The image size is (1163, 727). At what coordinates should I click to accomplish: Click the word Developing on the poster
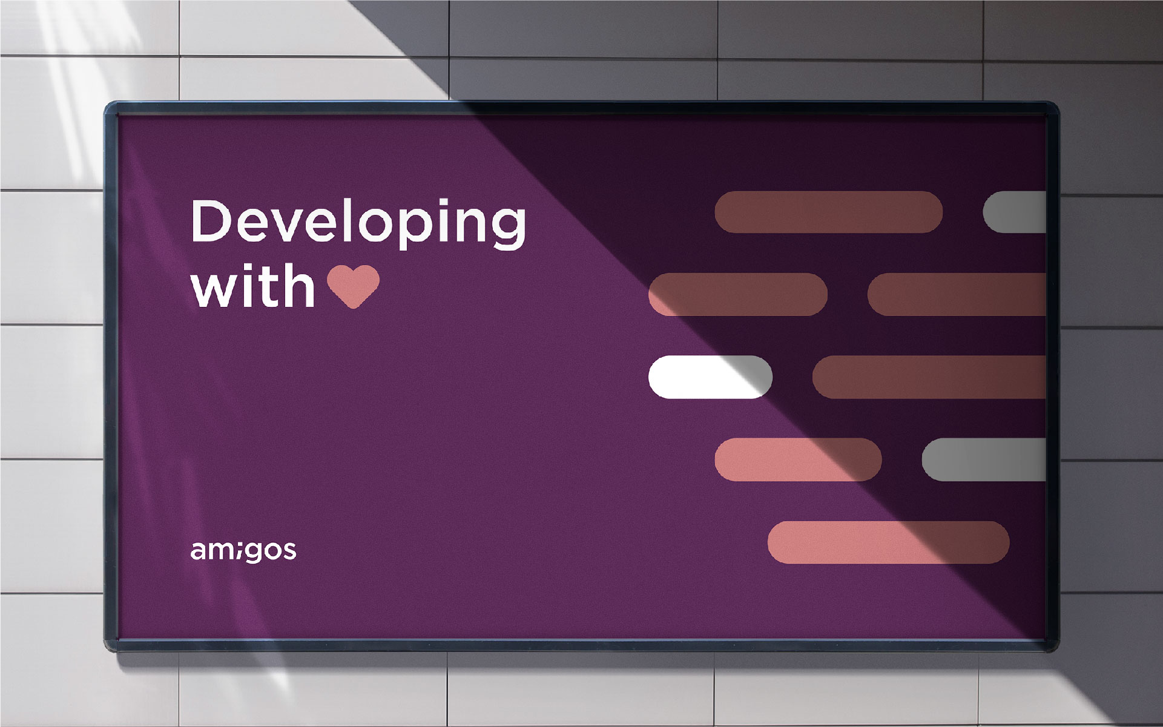coord(358,223)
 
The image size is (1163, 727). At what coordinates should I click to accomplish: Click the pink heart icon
coord(354,286)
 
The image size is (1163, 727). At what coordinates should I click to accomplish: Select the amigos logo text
coord(243,551)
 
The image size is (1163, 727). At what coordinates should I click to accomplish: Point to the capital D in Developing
coord(213,221)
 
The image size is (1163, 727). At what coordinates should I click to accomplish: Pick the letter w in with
coord(214,290)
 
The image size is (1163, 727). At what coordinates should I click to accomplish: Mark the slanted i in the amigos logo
coord(238,551)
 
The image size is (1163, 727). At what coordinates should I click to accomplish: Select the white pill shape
coord(710,377)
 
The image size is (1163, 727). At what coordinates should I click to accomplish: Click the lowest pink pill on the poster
coord(888,542)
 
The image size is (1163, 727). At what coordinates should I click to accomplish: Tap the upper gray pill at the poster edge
coord(1014,212)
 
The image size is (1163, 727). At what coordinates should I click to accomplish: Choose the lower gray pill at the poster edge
coord(984,459)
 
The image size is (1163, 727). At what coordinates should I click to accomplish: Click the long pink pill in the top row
coord(828,212)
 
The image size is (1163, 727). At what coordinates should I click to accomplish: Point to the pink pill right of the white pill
coord(929,377)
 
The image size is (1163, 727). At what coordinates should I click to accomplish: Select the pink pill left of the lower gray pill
coord(798,459)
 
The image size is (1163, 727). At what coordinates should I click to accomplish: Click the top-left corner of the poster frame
coord(106,104)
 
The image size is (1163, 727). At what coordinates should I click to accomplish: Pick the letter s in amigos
coord(289,551)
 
